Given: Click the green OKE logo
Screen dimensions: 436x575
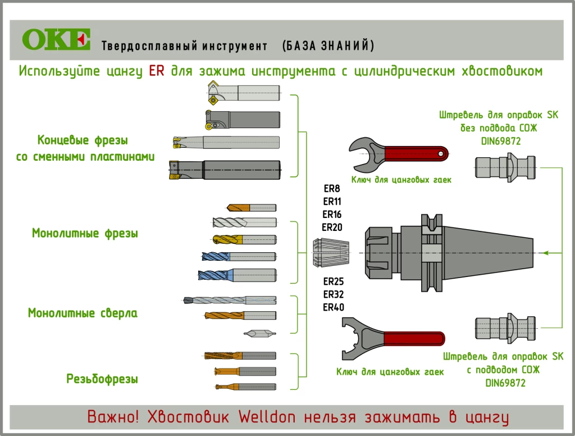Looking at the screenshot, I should pos(56,39).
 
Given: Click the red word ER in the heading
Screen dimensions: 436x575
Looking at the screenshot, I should pos(157,71).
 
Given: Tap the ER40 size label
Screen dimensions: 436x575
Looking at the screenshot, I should pos(333,307).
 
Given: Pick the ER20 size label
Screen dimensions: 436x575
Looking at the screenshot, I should pos(332,227).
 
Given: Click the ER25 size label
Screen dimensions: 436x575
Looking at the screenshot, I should pos(333,281).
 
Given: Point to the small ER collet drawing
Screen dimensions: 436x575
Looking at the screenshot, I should pos(330,253).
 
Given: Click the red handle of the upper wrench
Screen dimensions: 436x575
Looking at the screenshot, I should pos(416,153).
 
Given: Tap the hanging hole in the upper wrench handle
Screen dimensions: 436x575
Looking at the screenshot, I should pos(442,153).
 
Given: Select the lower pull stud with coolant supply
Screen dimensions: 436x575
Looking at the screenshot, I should pos(504,328).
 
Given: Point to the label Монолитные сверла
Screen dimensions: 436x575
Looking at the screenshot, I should pos(83,313).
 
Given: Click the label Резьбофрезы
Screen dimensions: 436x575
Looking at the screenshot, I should pos(102,379).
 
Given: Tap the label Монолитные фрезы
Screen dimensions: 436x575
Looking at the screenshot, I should pos(85,233).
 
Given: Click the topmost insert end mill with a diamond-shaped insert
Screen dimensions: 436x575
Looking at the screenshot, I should pos(243,92).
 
